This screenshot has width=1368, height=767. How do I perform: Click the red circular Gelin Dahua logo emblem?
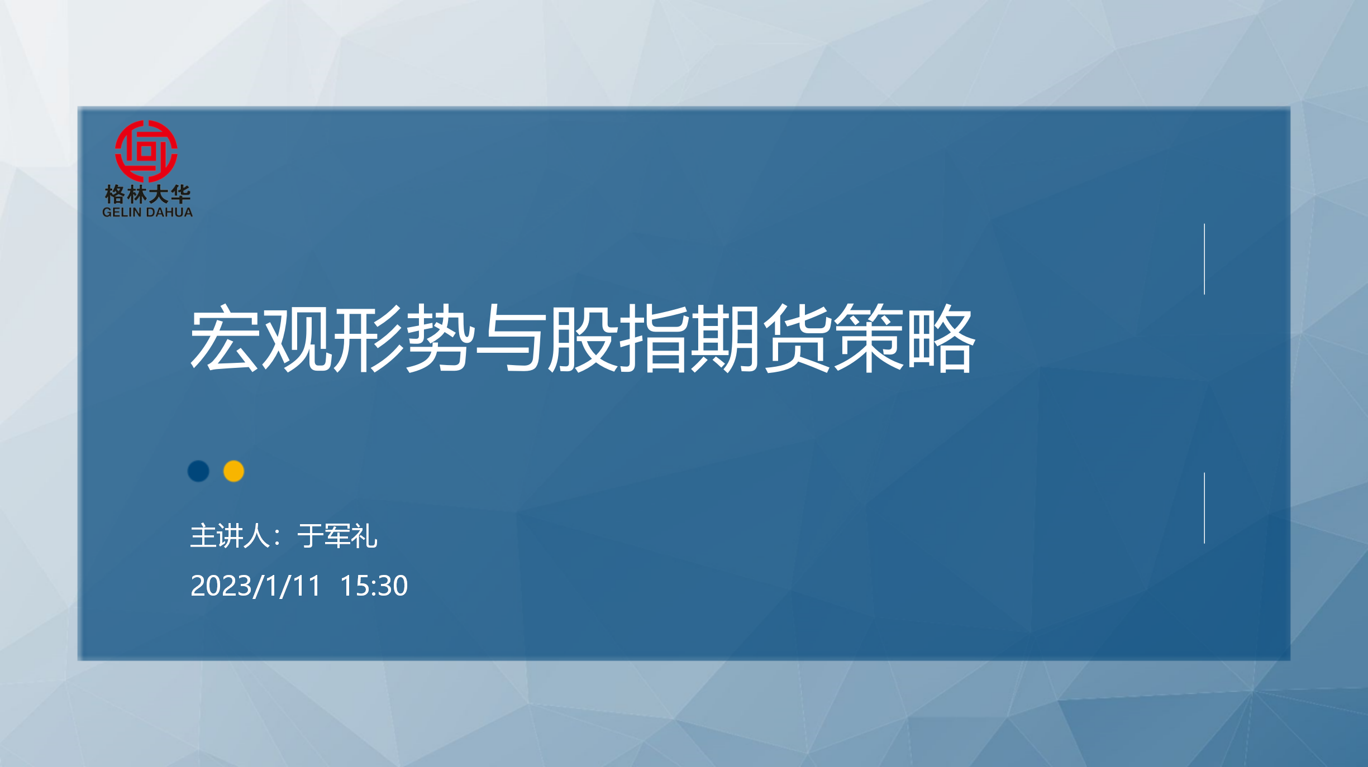click(146, 151)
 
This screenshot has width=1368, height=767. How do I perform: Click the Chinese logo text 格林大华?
click(147, 194)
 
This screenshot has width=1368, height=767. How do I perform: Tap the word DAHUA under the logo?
click(169, 212)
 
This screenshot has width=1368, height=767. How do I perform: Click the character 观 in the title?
click(296, 338)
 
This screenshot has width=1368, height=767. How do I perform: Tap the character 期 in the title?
click(726, 338)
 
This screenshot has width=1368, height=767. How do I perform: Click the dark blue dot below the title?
click(198, 471)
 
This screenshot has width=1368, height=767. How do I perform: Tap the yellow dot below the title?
click(233, 471)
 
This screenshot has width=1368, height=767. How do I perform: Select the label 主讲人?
click(230, 536)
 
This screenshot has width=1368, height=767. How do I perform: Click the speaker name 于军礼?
click(337, 536)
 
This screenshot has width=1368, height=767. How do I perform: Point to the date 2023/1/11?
click(256, 586)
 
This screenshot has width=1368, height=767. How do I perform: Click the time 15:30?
click(374, 586)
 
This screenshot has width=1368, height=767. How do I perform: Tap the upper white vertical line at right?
click(1204, 259)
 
